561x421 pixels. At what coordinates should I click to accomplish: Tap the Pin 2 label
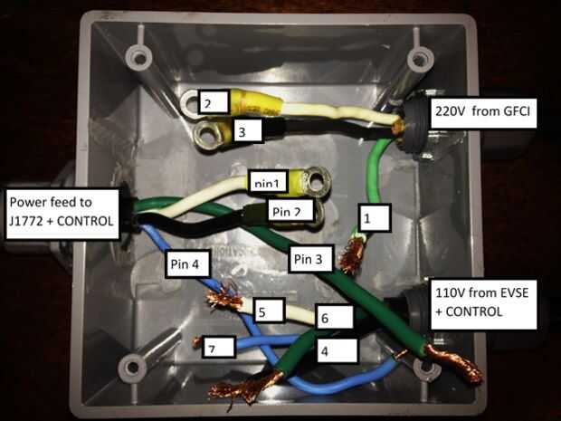[289, 212]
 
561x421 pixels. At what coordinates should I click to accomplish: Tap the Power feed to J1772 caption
[62, 208]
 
